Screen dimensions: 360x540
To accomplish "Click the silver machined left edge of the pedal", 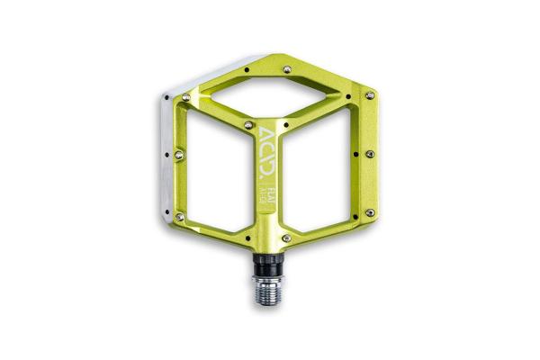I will click(168, 153).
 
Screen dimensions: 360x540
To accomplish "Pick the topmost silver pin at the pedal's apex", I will click(286, 67).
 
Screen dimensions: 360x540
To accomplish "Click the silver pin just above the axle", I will click(286, 238).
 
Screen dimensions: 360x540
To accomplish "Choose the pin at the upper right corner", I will click(369, 94).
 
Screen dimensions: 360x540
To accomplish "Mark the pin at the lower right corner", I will click(369, 213).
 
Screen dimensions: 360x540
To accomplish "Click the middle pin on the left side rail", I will click(179, 154).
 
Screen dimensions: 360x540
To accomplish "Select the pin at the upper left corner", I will click(193, 94).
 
